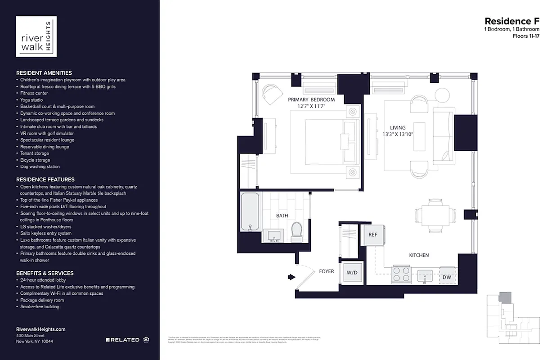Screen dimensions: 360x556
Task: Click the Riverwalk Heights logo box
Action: [36, 36]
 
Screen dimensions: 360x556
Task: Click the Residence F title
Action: [511, 21]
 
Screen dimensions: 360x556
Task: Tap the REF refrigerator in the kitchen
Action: [373, 235]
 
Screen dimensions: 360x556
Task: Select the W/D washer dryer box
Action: [352, 272]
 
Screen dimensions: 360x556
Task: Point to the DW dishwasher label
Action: [447, 277]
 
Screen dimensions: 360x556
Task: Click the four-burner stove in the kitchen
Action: [402, 275]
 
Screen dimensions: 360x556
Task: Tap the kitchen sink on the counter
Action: [425, 275]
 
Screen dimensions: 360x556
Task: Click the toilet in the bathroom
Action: [296, 231]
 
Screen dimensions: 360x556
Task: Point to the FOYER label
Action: [326, 271]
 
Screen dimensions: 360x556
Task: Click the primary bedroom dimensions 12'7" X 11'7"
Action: [311, 106]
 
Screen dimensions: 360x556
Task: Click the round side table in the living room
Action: [442, 94]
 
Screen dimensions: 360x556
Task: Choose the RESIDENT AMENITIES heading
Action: [44, 73]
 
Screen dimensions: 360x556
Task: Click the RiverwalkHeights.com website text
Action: [40, 329]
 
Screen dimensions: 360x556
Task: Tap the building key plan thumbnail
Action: [513, 320]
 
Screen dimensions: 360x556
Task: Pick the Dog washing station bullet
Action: [40, 166]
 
